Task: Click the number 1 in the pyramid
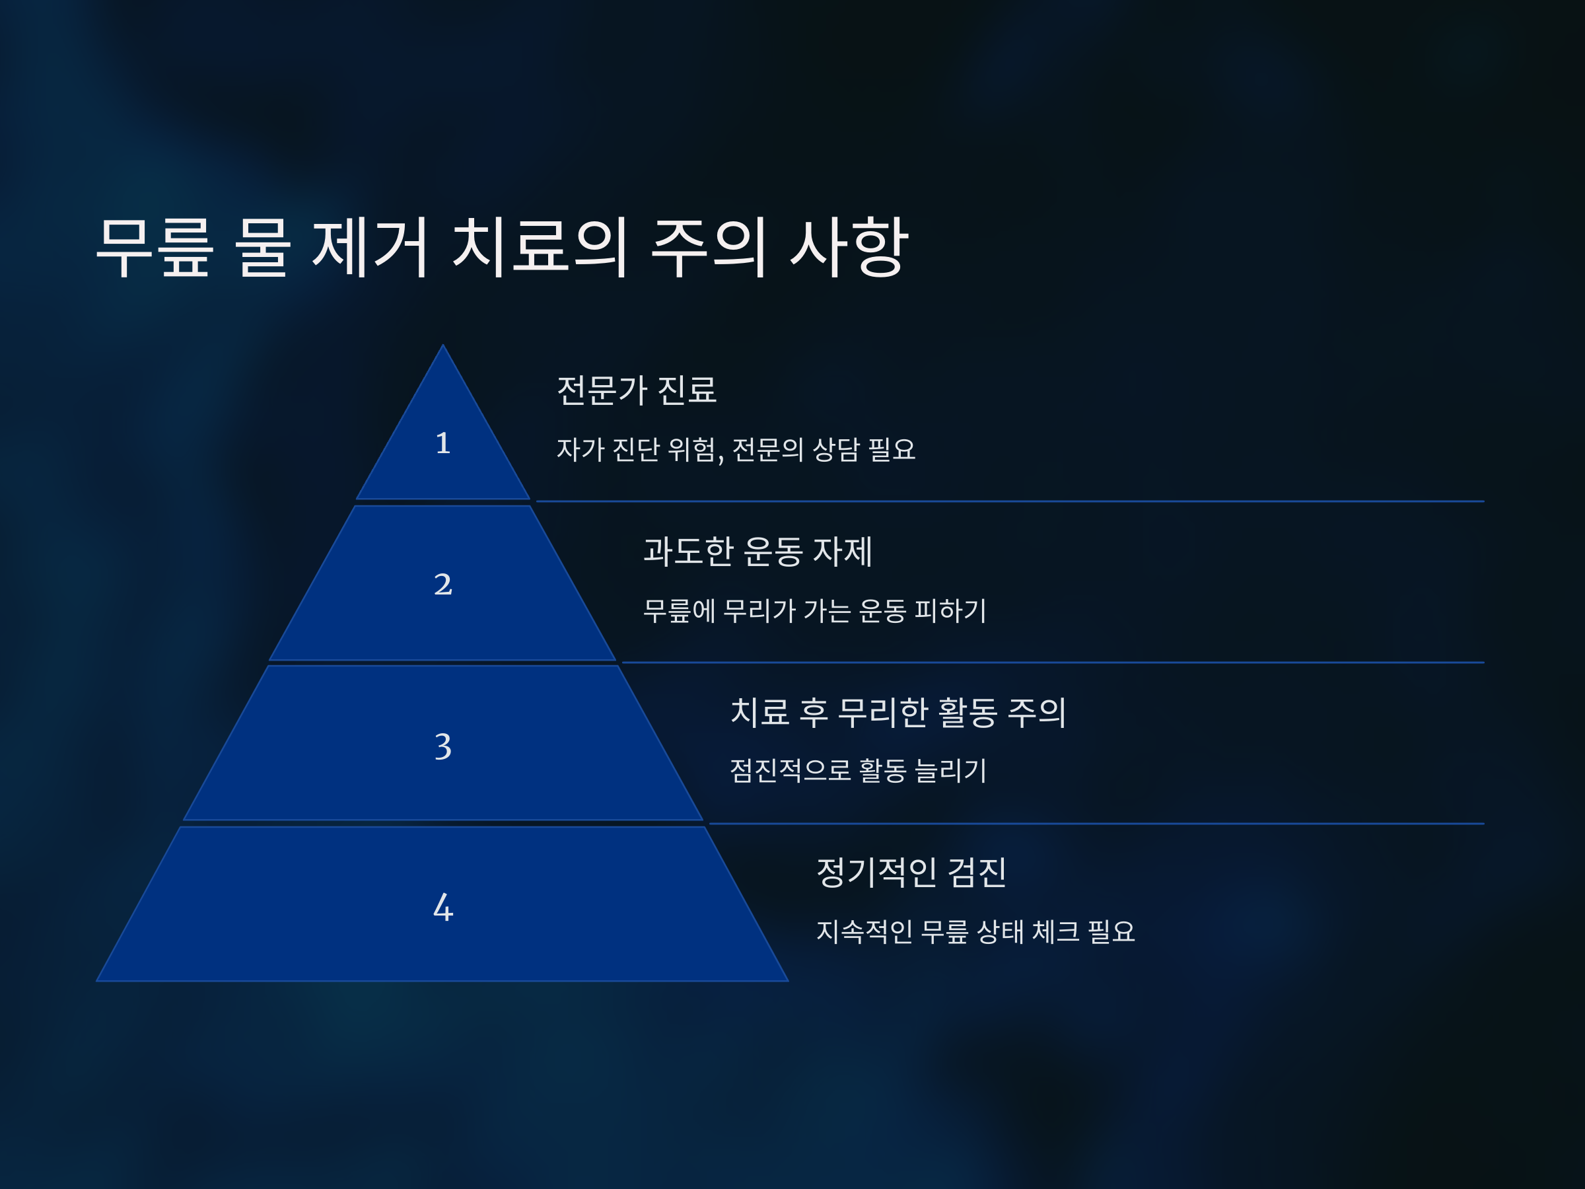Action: click(443, 443)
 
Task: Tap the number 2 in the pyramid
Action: click(443, 584)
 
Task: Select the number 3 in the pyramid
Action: click(443, 746)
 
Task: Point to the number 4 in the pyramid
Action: click(443, 908)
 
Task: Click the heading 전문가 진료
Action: click(636, 390)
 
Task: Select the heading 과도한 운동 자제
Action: click(757, 552)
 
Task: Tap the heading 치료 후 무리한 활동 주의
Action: click(898, 712)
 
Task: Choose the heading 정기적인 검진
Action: click(911, 872)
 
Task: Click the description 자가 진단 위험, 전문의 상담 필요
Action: click(736, 450)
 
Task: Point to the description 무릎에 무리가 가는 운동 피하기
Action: click(815, 610)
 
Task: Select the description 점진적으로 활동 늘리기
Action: click(858, 771)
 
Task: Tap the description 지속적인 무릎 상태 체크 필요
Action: click(975, 931)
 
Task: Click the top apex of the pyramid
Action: click(443, 348)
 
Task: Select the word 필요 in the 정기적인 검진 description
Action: click(1111, 931)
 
